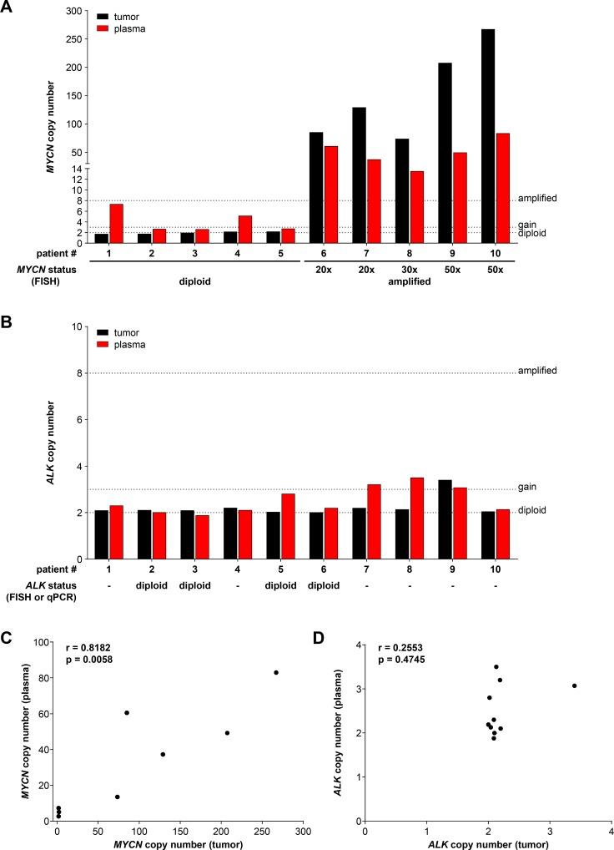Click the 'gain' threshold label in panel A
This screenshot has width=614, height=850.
(x=527, y=225)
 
